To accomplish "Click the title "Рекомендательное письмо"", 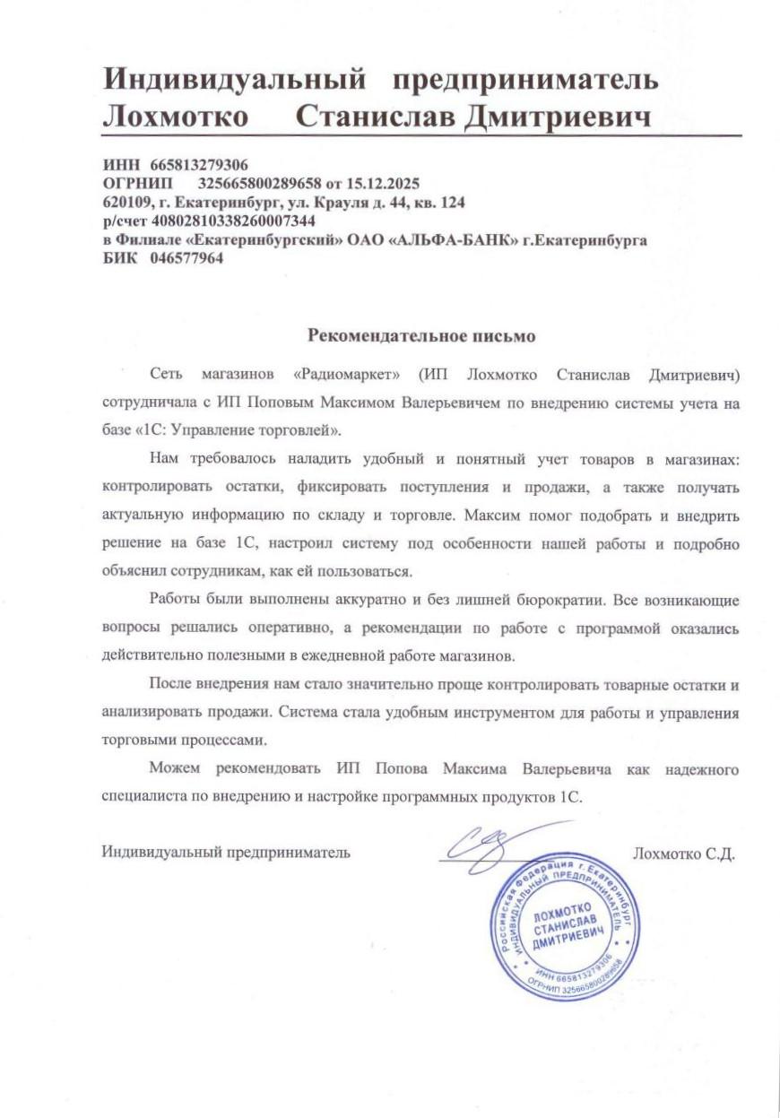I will tap(421, 336).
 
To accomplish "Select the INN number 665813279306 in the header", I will tap(199, 165).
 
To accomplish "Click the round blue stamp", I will tap(568, 926).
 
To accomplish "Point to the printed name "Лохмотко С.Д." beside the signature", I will tap(683, 853).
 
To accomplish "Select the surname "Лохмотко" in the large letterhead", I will tap(179, 117).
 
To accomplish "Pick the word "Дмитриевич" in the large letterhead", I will tap(557, 117).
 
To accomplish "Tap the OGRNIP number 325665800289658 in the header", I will tap(258, 184).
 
